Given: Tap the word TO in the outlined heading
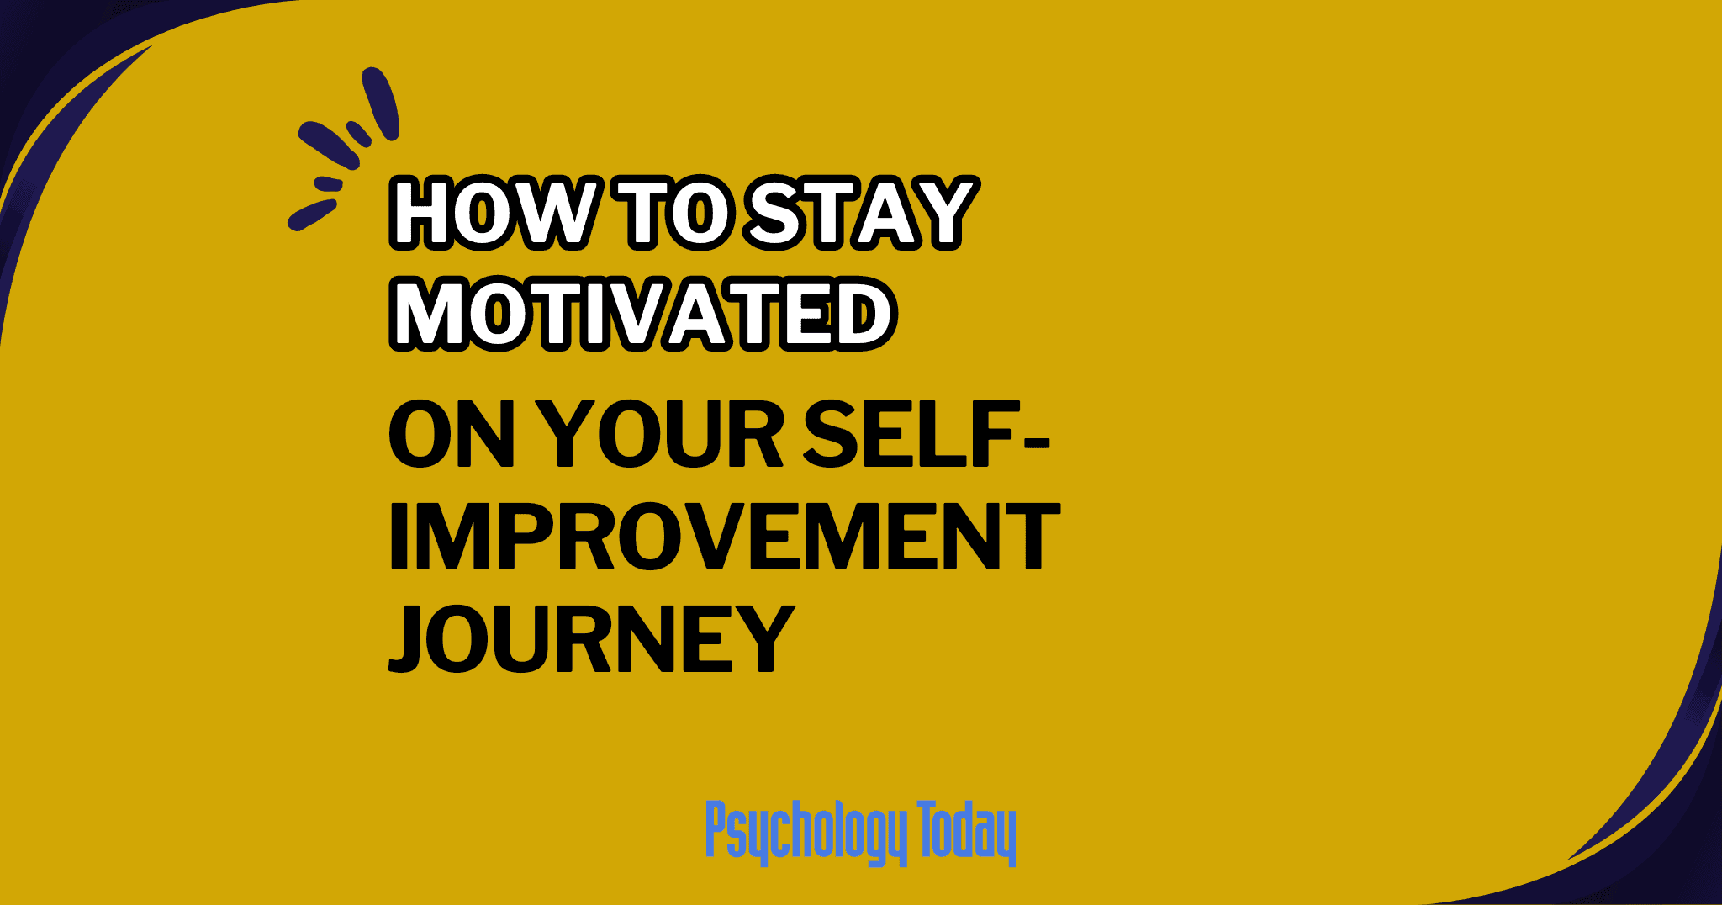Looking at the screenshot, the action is [x=676, y=213].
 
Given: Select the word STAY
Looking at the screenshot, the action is [x=862, y=213].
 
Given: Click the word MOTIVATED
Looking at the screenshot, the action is [x=643, y=314].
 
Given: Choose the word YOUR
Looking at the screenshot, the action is [x=659, y=436].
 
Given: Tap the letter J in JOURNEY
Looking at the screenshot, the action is [x=415, y=638].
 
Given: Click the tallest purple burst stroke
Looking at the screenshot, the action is [x=381, y=103].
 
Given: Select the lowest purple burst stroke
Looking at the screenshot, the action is [x=312, y=214].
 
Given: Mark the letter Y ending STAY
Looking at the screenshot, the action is [x=941, y=213].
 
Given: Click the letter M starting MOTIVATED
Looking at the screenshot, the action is [x=432, y=314].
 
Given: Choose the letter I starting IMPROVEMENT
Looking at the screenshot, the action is [x=399, y=536].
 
